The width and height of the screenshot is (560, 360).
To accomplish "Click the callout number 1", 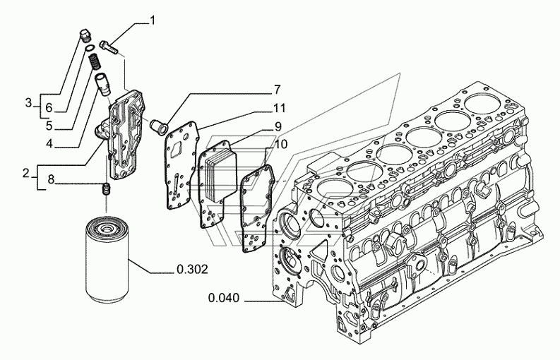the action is pos(153,21).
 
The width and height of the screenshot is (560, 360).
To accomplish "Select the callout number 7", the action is pos(277,90).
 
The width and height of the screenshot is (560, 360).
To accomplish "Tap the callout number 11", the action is pos(279,107).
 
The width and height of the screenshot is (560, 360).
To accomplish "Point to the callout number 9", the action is pos(278,127).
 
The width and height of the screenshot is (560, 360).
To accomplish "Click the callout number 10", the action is pos(281,144).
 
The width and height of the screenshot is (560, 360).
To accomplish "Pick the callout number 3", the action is pos(29,103).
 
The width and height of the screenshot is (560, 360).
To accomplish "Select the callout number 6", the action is pos(49,107).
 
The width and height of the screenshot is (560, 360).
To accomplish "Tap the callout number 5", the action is pos(49,126).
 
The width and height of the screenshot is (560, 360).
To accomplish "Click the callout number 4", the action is pos(49,143).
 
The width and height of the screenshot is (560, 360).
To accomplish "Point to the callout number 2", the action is pos(25,174).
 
